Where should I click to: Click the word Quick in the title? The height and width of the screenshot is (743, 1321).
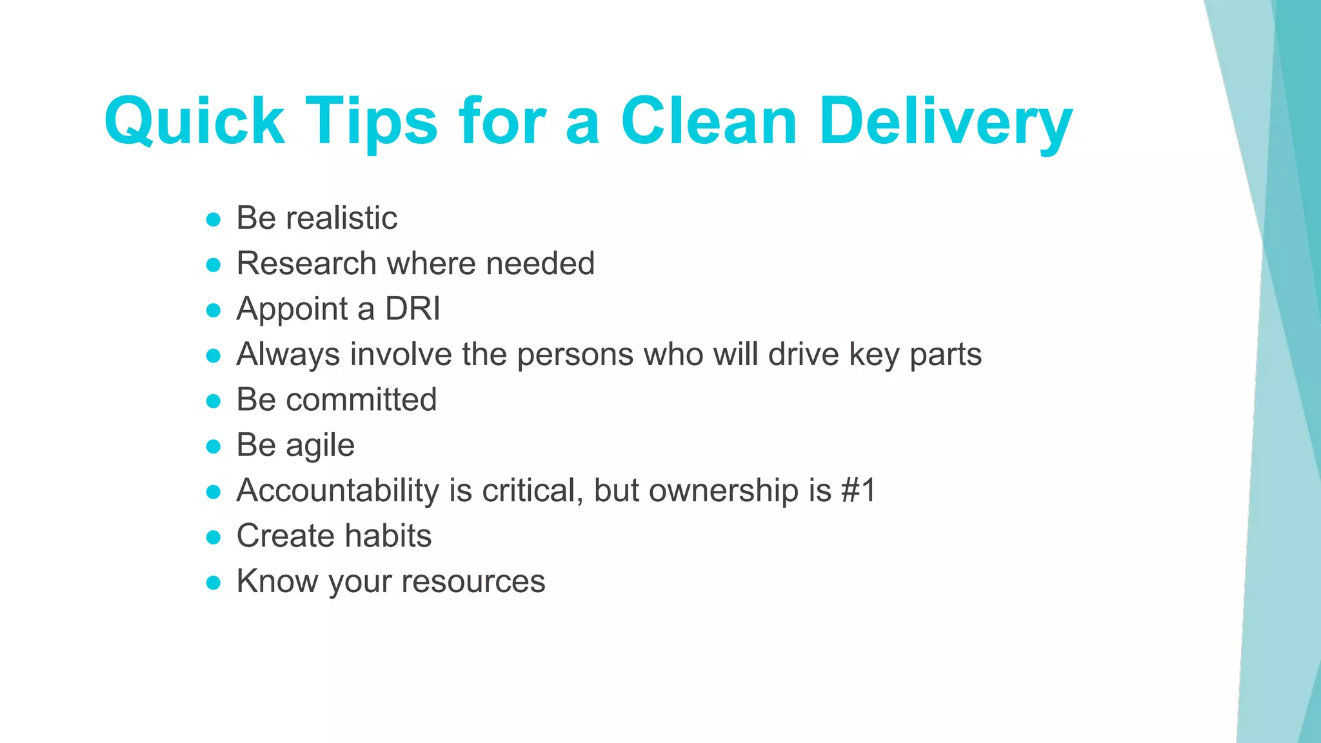point(194,122)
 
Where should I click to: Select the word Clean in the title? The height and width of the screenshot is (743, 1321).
point(710,122)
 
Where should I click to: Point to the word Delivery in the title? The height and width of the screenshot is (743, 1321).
point(946,122)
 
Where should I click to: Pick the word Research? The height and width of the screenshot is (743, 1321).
point(306,263)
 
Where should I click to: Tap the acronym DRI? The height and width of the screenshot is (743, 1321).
point(413,309)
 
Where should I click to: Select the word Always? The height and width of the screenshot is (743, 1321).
point(288,354)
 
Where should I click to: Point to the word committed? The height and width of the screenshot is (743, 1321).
point(361,400)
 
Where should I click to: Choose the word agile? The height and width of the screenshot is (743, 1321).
point(320,446)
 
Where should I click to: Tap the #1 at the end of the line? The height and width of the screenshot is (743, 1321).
point(859,491)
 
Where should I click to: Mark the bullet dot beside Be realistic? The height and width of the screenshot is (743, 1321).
point(214,220)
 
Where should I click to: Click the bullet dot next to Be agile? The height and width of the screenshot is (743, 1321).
point(214,447)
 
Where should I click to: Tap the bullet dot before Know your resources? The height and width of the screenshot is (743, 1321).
point(214,583)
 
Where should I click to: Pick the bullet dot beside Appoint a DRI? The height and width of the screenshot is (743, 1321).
point(214,311)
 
